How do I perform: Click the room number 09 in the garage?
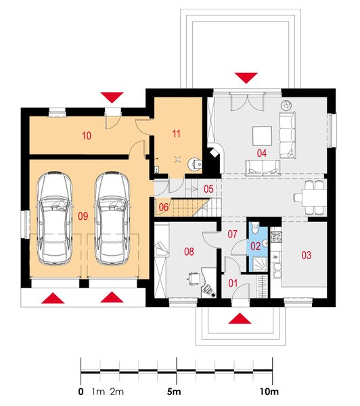pyautogui.click(x=83, y=217)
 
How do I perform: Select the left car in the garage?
pyautogui.click(x=54, y=218)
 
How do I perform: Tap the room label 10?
pyautogui.click(x=87, y=136)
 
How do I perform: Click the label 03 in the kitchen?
pyautogui.click(x=307, y=255)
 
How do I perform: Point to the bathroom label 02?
pyautogui.click(x=256, y=247)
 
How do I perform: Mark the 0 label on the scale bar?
pyautogui.click(x=81, y=392)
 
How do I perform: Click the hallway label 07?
pyautogui.click(x=231, y=234)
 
